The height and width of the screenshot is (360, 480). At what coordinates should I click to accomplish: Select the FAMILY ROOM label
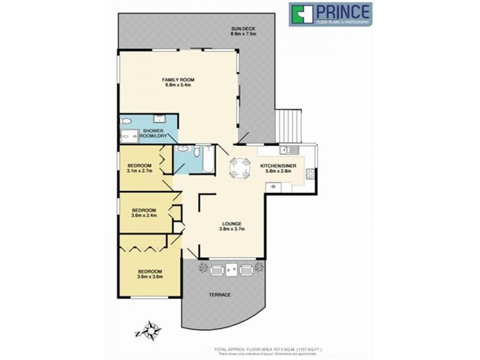tap(178, 80)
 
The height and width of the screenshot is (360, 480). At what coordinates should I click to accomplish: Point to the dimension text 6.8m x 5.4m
tap(178, 85)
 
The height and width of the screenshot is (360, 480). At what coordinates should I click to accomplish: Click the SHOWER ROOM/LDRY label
tap(153, 133)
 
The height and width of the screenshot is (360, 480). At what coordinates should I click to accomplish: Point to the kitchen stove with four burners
tap(310, 175)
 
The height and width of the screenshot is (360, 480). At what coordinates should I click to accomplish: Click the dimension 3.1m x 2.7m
tap(140, 170)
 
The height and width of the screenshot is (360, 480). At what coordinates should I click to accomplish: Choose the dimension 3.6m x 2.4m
tap(144, 215)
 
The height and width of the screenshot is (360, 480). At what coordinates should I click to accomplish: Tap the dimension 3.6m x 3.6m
tap(149, 277)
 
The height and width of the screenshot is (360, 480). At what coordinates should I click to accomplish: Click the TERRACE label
tap(220, 295)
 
